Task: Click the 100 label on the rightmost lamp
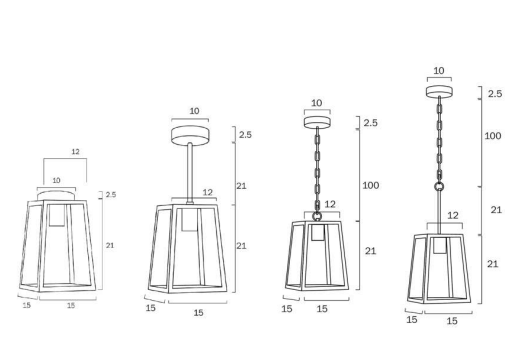(x=493, y=136)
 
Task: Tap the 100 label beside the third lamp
(x=371, y=185)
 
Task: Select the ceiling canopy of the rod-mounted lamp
(x=190, y=135)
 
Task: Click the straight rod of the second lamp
(x=190, y=172)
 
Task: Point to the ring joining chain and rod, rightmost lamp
(x=439, y=186)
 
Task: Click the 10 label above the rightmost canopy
(x=439, y=71)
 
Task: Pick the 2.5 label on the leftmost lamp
(x=111, y=195)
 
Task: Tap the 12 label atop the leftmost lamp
(x=76, y=152)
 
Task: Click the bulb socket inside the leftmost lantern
(x=57, y=215)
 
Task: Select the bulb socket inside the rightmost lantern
(x=440, y=245)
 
